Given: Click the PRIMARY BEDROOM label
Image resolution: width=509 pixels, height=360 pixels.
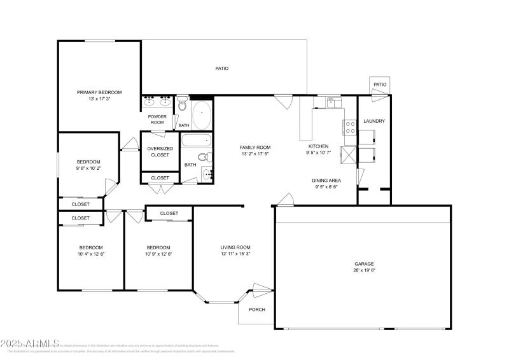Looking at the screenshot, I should (x=99, y=92).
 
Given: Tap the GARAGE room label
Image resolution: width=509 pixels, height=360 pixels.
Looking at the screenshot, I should (x=364, y=263).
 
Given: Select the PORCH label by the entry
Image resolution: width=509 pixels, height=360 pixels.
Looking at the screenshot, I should (x=256, y=310).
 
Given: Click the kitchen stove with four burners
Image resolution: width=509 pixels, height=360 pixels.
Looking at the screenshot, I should (x=350, y=127).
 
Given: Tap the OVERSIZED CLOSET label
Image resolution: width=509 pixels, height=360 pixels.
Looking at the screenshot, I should (x=160, y=151).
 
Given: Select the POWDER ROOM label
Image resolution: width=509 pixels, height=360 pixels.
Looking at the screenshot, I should (x=157, y=120).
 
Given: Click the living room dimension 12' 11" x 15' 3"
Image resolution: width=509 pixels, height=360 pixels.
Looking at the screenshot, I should (x=235, y=254).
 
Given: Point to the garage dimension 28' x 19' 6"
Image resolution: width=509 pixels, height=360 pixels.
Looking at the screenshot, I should (x=364, y=270).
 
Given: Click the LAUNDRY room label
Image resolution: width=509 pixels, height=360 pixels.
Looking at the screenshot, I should (x=373, y=121).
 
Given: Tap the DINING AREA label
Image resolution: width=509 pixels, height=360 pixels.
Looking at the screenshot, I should (x=326, y=180).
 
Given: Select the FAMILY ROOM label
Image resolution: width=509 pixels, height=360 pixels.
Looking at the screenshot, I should (x=255, y=147).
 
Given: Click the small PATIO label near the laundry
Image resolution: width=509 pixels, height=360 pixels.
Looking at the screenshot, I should (x=380, y=85).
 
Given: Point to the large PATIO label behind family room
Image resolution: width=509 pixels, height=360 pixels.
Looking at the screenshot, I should (x=221, y=69).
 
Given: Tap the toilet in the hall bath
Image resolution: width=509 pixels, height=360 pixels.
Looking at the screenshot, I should (x=202, y=156).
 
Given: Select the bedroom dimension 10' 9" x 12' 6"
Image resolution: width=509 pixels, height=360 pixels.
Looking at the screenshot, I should (x=158, y=254).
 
